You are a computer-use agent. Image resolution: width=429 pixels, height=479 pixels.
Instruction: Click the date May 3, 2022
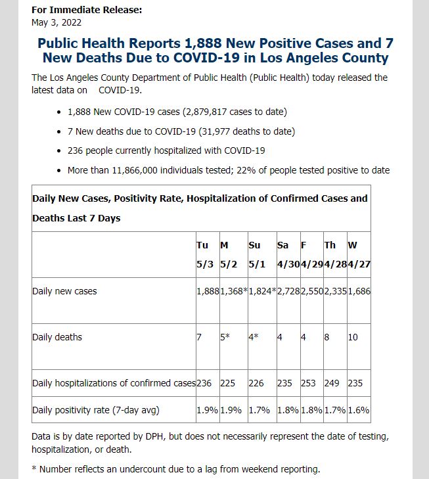pyautogui.click(x=56, y=22)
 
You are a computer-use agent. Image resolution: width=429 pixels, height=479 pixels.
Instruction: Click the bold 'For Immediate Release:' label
pyautogui.click(x=87, y=10)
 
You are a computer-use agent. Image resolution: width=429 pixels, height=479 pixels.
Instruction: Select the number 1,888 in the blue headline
pyautogui.click(x=203, y=43)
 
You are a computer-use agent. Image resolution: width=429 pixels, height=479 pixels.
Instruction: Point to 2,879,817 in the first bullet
pyautogui.click(x=204, y=112)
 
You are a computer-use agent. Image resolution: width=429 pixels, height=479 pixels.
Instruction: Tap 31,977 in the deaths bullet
pyautogui.click(x=215, y=131)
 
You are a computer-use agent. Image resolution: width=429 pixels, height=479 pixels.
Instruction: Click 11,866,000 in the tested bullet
pyautogui.click(x=135, y=170)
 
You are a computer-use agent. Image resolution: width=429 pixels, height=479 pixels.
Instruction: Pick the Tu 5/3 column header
pyautogui.click(x=205, y=254)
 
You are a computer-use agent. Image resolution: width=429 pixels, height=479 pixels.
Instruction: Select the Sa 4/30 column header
pyautogui.click(x=288, y=254)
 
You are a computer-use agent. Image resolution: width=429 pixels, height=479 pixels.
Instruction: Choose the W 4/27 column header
pyautogui.click(x=359, y=254)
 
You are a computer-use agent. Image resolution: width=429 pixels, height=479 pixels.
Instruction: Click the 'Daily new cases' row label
pyautogui.click(x=64, y=291)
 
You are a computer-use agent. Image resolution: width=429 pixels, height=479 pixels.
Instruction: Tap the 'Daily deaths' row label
pyautogui.click(x=57, y=337)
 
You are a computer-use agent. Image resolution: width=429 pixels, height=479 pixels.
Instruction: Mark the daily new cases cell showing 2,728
pyautogui.click(x=288, y=291)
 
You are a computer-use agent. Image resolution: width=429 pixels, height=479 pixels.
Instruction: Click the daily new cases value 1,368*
pyautogui.click(x=234, y=291)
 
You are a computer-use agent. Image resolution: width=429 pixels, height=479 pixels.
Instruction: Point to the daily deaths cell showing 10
pyautogui.click(x=353, y=337)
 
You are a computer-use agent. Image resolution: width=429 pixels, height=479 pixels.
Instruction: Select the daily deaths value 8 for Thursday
pyautogui.click(x=327, y=337)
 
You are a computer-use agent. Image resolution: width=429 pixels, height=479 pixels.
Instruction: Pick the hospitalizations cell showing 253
pyautogui.click(x=308, y=383)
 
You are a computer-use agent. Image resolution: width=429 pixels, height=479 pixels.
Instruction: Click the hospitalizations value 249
pyautogui.click(x=332, y=383)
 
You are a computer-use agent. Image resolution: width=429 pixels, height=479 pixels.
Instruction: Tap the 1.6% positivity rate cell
pyautogui.click(x=359, y=410)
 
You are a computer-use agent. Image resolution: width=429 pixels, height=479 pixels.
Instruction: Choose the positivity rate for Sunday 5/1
pyautogui.click(x=260, y=410)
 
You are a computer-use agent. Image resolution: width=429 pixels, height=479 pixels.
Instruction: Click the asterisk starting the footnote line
pyautogui.click(x=34, y=468)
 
